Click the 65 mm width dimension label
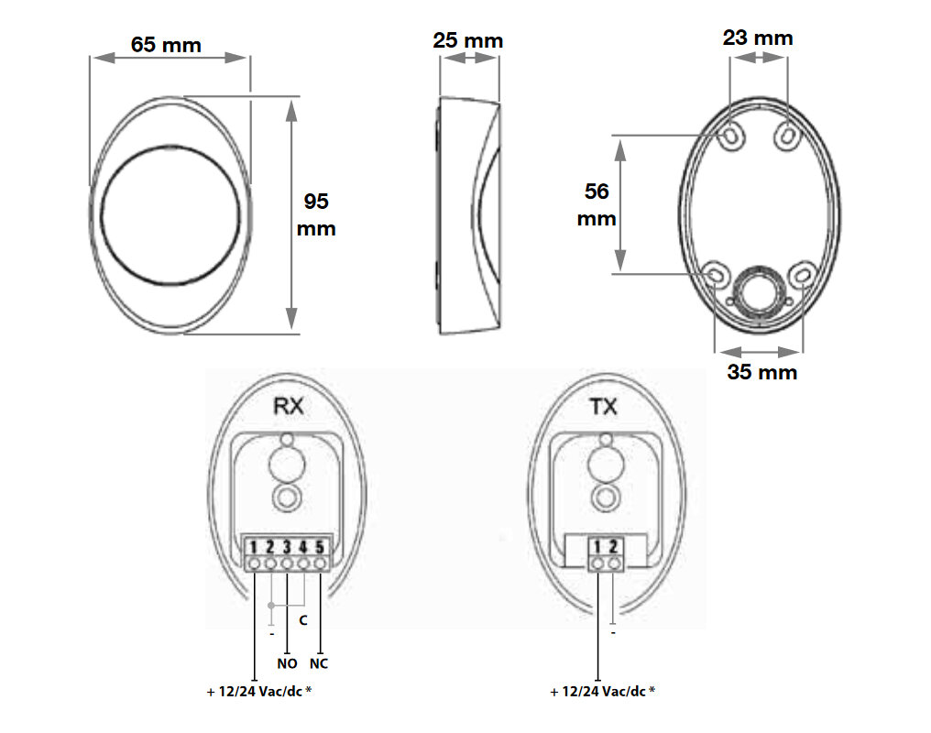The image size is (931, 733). (166, 45)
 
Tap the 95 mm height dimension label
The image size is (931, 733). (316, 214)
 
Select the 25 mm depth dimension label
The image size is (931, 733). (468, 40)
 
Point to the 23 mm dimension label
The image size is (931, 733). (758, 38)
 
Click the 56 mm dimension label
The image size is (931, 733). (597, 204)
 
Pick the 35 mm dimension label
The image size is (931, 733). (761, 372)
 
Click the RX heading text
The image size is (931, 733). (288, 406)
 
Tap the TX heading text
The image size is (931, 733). (603, 407)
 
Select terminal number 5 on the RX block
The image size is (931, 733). (320, 547)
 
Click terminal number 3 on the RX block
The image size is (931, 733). (287, 547)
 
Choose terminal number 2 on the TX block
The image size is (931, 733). (613, 546)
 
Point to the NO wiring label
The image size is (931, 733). (287, 663)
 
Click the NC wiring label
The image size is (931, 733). (319, 663)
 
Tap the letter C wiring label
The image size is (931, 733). (303, 620)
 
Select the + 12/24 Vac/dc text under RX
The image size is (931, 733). (259, 692)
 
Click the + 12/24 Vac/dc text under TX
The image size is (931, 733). (603, 692)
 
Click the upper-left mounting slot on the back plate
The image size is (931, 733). (731, 137)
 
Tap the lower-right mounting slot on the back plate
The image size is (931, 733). (803, 275)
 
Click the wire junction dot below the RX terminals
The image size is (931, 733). (270, 606)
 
